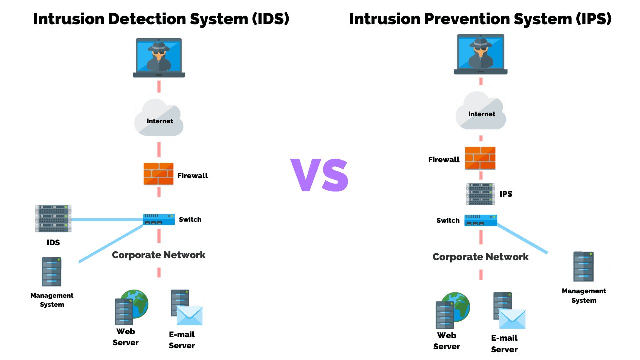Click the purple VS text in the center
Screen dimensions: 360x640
(319, 175)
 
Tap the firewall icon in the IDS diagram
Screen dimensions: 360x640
(159, 174)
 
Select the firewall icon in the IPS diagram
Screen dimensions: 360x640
(480, 158)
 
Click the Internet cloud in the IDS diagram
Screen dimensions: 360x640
(159, 119)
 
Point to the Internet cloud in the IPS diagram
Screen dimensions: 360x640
(481, 112)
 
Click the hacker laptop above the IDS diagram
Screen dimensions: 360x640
(159, 57)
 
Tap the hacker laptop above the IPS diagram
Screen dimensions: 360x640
(480, 54)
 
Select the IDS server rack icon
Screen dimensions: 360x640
(53, 218)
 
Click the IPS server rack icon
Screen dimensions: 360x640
(480, 194)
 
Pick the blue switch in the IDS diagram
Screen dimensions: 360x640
(159, 219)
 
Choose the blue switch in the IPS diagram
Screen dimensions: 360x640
(481, 220)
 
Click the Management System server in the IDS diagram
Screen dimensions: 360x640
(52, 272)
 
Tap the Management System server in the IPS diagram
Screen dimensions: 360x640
(583, 267)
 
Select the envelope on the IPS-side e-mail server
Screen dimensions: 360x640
(512, 319)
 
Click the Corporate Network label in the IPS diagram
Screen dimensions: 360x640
(480, 257)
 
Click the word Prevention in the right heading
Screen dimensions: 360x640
(465, 19)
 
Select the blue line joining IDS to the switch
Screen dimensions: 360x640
(107, 219)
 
